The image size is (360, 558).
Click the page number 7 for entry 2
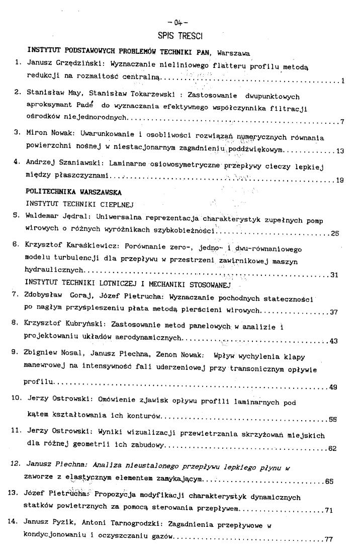[341, 122]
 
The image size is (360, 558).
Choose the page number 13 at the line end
[339, 150]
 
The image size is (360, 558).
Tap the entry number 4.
[17, 164]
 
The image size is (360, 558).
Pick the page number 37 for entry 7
[333, 312]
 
